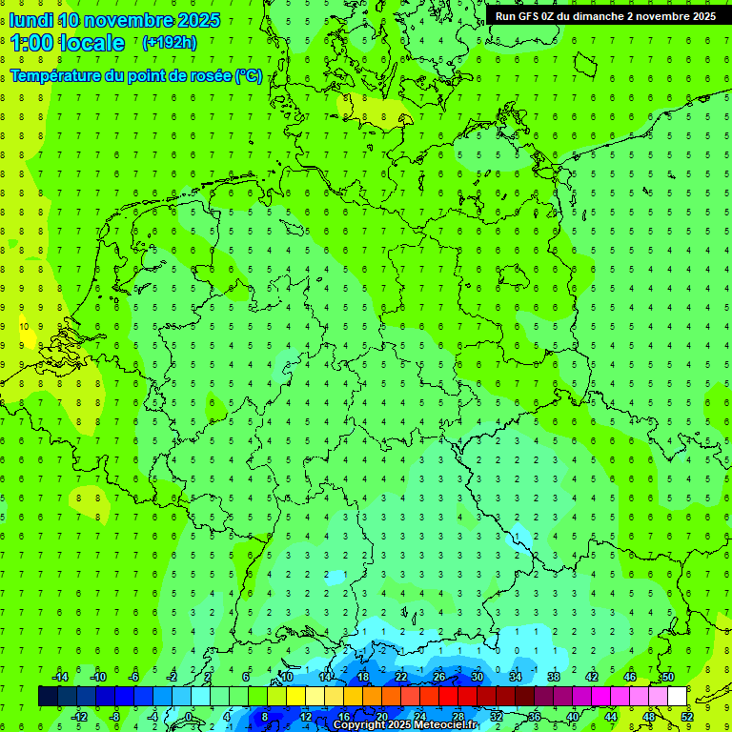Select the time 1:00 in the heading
(31, 43)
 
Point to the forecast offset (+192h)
(169, 43)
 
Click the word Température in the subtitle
(56, 76)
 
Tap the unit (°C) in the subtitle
(248, 76)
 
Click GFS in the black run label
(530, 16)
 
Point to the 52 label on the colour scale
(687, 717)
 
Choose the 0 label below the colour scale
(189, 717)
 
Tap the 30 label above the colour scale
(477, 677)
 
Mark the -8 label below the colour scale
(114, 717)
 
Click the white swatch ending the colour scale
(677, 697)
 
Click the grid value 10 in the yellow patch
(24, 327)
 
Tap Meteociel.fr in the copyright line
(446, 725)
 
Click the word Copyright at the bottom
(359, 725)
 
